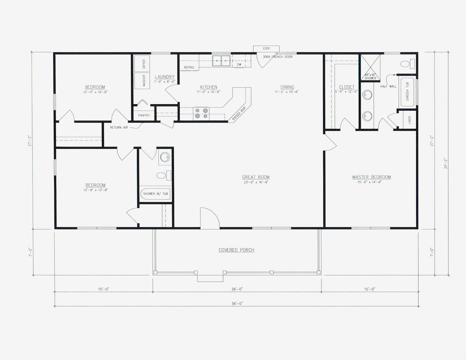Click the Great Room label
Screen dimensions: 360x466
[255, 177]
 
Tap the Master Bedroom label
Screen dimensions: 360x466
[371, 177]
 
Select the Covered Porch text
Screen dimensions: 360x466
[236, 250]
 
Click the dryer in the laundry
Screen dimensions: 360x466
[143, 63]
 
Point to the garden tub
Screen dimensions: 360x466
[407, 92]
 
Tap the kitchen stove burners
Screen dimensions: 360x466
[201, 113]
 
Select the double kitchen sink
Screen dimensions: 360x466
[221, 61]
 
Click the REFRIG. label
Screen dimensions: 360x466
[189, 67]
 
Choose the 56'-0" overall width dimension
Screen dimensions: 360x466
[236, 303]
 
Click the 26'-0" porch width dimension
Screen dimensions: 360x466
[237, 289]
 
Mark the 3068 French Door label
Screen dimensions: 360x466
[278, 57]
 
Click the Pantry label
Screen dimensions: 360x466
[144, 115]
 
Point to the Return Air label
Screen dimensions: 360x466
[119, 127]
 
